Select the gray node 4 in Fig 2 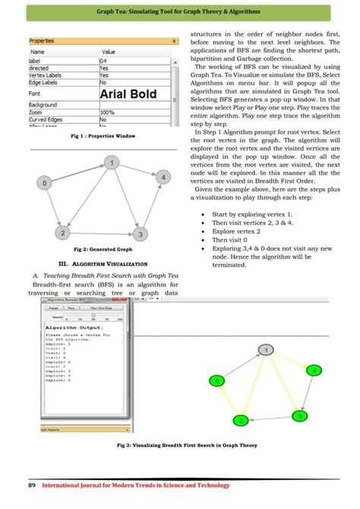[x=162, y=176]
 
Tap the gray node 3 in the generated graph [x=141, y=232]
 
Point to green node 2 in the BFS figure [x=241, y=420]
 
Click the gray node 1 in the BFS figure [x=265, y=349]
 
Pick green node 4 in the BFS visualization [x=314, y=370]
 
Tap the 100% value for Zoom [x=107, y=112]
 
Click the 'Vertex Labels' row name [x=46, y=75]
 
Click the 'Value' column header [x=109, y=51]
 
